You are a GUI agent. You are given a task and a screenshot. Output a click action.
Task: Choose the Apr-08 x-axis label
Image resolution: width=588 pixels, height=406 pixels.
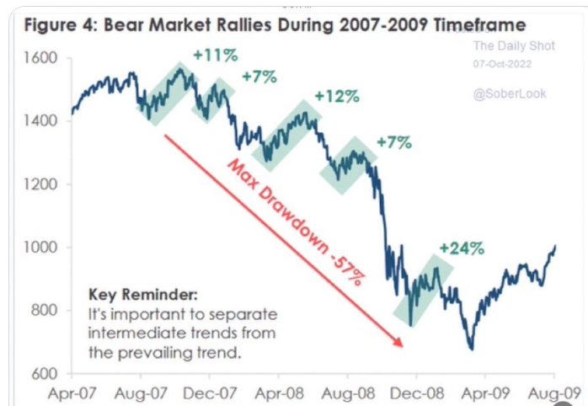click(x=276, y=393)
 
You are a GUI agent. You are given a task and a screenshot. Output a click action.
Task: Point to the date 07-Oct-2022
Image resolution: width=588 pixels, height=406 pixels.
click(x=503, y=63)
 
